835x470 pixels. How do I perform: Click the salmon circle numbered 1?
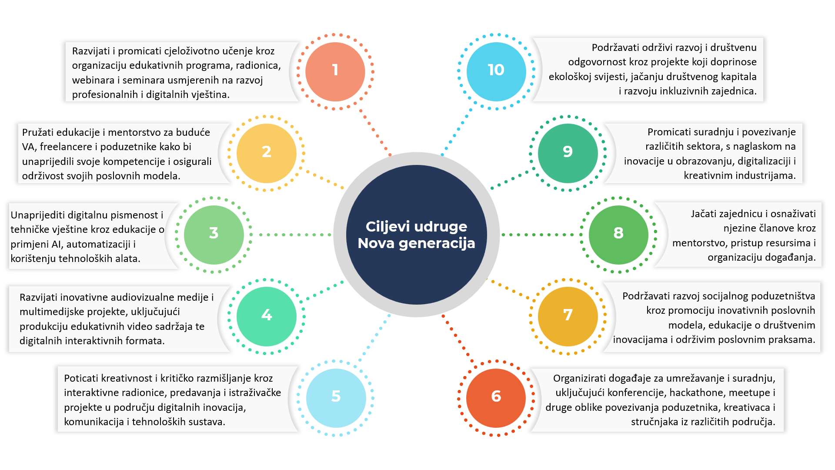pos(335,71)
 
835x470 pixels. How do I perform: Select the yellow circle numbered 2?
pos(266,153)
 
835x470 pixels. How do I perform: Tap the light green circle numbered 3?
pos(214,234)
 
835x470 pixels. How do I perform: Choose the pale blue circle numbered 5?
pos(336,397)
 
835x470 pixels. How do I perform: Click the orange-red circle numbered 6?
pos(496,397)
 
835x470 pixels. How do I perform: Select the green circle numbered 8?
pos(618,234)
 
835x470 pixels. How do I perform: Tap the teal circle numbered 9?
pos(568,153)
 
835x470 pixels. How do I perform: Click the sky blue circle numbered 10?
pos(496,71)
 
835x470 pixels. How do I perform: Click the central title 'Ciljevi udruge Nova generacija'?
pos(416,235)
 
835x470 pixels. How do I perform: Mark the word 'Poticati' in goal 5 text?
pos(81,378)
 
